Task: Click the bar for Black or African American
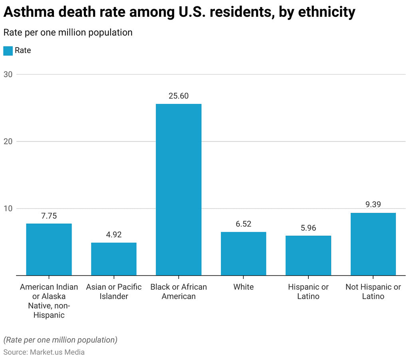pyautogui.click(x=179, y=189)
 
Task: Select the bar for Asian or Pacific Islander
pyautogui.click(x=114, y=259)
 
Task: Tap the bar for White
pyautogui.click(x=243, y=254)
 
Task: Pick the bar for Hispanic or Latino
pyautogui.click(x=308, y=255)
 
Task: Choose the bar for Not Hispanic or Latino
pyautogui.click(x=373, y=244)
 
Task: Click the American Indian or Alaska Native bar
pyautogui.click(x=49, y=249)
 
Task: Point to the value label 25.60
pyautogui.click(x=179, y=96)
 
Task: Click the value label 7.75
pyautogui.click(x=49, y=216)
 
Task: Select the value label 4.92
pyautogui.click(x=114, y=235)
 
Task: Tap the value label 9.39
pyautogui.click(x=373, y=205)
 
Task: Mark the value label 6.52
pyautogui.click(x=243, y=224)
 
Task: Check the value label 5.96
pyautogui.click(x=308, y=228)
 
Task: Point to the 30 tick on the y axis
pyautogui.click(x=8, y=74)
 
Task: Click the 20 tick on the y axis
pyautogui.click(x=8, y=141)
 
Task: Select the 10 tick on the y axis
pyautogui.click(x=8, y=209)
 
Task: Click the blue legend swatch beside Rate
pyautogui.click(x=8, y=51)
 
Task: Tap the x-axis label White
pyautogui.click(x=243, y=287)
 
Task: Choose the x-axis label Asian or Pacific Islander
pyautogui.click(x=114, y=292)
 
